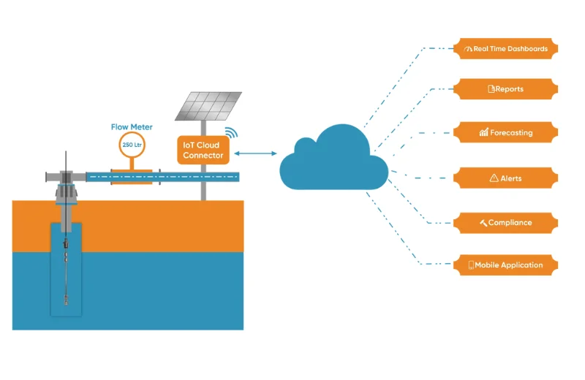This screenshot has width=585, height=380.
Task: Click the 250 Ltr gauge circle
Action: (132, 145)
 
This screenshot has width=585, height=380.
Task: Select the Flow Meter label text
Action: (132, 126)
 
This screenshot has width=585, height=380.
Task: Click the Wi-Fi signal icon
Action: (232, 133)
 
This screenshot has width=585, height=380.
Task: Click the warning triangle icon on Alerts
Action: (494, 178)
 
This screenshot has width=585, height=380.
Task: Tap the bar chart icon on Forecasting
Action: (483, 133)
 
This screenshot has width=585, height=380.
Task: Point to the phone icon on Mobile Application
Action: (471, 265)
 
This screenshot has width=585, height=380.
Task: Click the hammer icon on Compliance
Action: (483, 222)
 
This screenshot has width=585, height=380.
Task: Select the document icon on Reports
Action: (491, 89)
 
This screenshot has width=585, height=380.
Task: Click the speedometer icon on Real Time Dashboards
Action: (468, 49)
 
